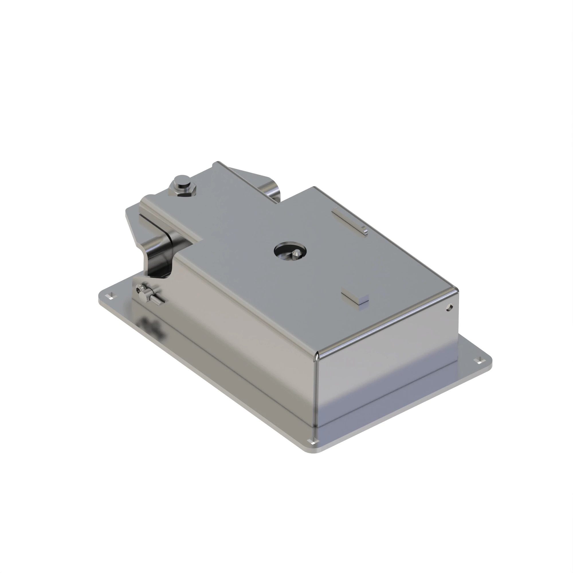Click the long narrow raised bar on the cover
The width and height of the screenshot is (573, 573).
click(349, 221)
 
